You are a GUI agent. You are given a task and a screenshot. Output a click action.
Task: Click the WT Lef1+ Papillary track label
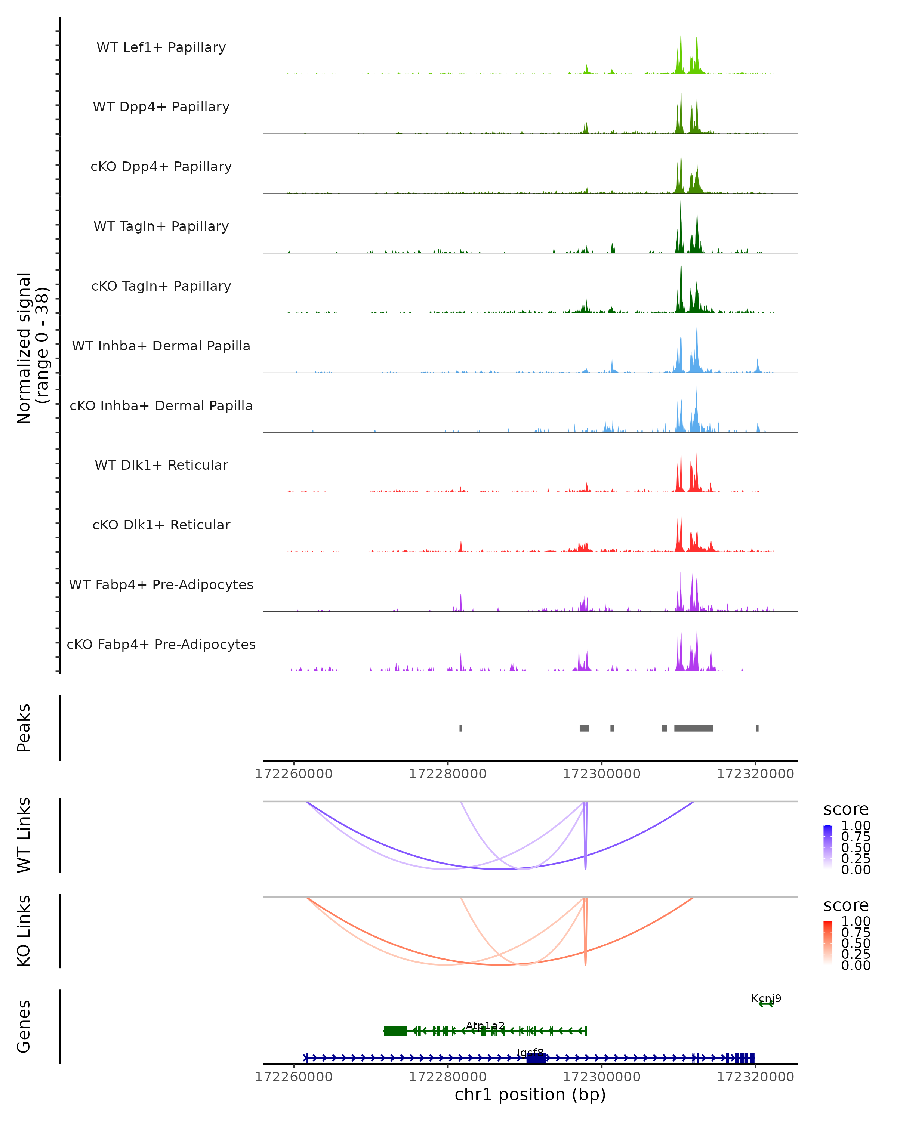tap(161, 47)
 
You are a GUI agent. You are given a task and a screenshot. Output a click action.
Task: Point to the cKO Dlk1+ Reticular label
tap(161, 525)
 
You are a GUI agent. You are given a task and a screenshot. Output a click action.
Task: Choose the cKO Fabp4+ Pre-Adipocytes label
tap(161, 644)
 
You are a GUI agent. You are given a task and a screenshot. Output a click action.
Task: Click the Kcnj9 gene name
tap(766, 998)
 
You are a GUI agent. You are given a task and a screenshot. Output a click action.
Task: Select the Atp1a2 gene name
tap(485, 1025)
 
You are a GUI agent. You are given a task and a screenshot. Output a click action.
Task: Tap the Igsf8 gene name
tap(530, 1053)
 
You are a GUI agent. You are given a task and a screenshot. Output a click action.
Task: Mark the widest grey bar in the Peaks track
tap(693, 728)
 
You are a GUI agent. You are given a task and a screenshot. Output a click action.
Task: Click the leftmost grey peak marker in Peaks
tap(461, 728)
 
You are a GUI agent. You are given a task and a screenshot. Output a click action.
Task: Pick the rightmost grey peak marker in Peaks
tap(757, 728)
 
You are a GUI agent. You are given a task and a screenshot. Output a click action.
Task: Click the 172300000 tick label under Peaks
tap(602, 774)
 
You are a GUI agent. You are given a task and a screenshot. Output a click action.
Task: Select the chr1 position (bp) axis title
tap(530, 1095)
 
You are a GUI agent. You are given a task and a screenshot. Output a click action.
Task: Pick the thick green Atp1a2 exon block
tap(395, 1031)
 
